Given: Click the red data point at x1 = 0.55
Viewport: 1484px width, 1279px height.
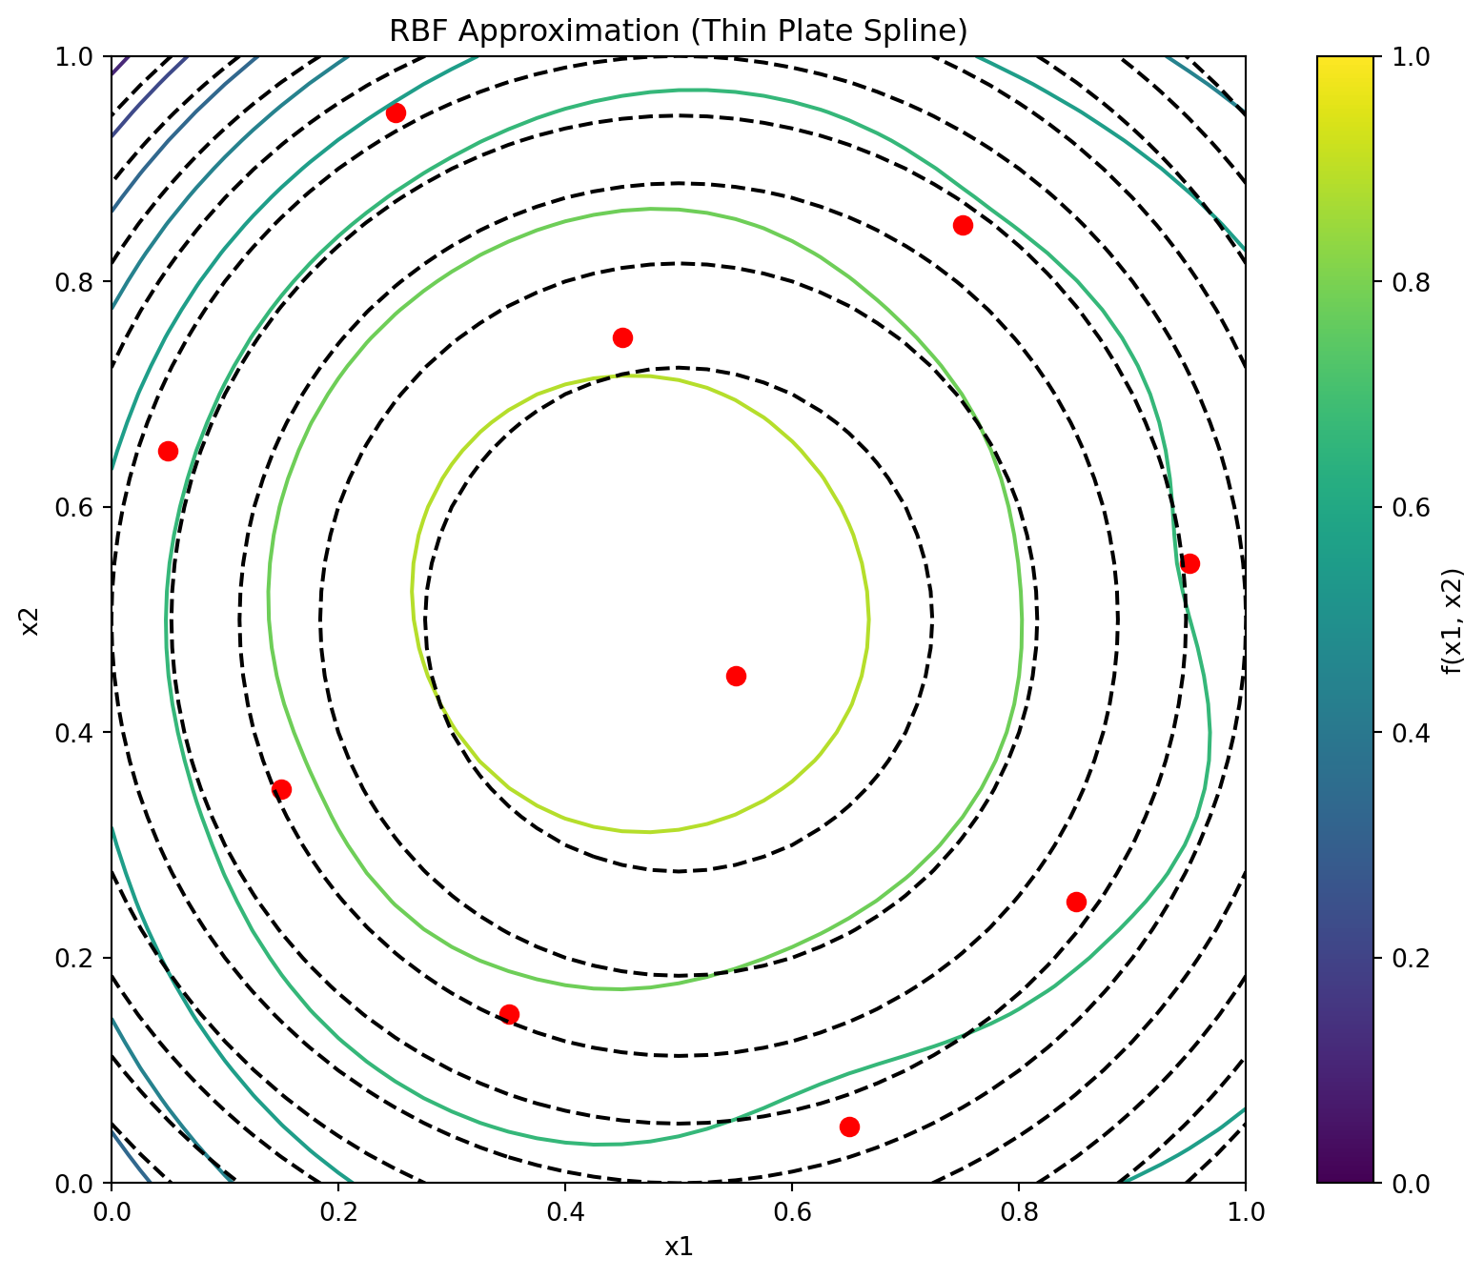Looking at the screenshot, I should [x=736, y=676].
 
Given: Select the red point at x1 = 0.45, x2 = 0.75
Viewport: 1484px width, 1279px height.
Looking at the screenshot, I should [x=622, y=337].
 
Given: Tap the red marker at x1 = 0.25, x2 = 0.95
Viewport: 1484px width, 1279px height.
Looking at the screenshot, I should [x=396, y=112].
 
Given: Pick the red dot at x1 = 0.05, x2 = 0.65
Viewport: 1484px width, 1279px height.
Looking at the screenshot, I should [x=168, y=451].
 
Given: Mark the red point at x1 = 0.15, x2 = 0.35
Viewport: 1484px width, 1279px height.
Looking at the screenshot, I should [x=281, y=789].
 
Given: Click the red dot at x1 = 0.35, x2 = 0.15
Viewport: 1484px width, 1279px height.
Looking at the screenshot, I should [x=509, y=1014].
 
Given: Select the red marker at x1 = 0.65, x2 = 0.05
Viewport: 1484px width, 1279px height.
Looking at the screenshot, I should [x=849, y=1127].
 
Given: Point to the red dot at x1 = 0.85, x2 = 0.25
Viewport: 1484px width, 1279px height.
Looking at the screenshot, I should [x=1076, y=902].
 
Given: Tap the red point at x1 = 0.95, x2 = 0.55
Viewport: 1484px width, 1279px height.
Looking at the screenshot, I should [x=1189, y=563].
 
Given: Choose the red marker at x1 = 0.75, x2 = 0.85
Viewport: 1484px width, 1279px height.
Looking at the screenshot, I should [x=963, y=225].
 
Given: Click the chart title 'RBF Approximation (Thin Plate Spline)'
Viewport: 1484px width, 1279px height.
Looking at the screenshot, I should [x=679, y=31].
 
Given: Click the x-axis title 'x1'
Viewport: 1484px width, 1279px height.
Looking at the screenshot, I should [x=679, y=1246].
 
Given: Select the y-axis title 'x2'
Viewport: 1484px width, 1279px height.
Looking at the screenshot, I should [x=30, y=619].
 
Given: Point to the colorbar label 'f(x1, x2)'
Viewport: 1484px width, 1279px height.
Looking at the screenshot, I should [x=1452, y=619].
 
